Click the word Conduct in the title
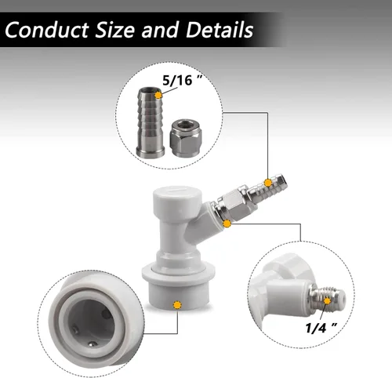[x=47, y=30]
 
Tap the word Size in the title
[x=115, y=30]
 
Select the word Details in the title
[x=220, y=30]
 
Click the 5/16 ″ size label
[x=182, y=80]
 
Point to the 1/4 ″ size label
[x=321, y=328]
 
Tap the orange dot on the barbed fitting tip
[x=158, y=95]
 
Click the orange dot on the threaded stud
[x=327, y=301]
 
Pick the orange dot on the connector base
[x=177, y=305]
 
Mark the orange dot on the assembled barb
[x=268, y=183]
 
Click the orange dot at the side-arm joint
[x=227, y=224]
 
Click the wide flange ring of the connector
[x=179, y=273]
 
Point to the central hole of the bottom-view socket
[x=91, y=323]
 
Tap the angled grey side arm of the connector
[x=202, y=222]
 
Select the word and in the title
[x=161, y=30]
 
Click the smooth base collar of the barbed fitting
[x=151, y=151]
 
